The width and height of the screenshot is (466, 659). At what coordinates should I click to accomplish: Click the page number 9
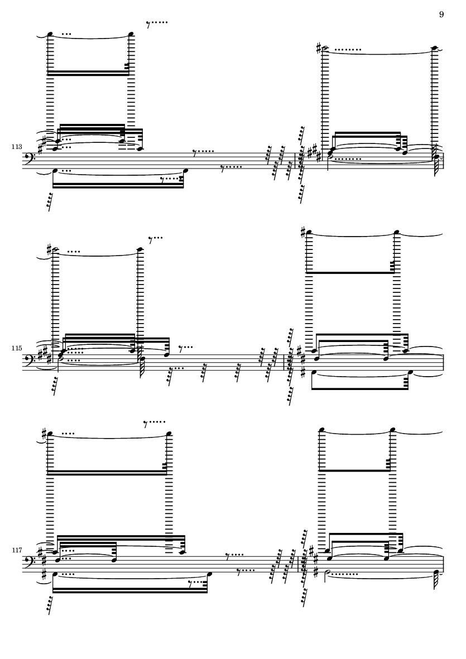[441, 15]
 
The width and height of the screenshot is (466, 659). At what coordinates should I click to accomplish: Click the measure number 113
[16, 147]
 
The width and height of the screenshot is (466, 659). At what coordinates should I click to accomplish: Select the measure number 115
[16, 348]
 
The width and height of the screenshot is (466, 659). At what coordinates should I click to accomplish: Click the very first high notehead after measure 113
[50, 34]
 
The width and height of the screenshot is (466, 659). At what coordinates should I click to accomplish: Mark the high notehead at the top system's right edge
[434, 48]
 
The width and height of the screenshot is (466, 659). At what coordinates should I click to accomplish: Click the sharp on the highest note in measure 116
[302, 231]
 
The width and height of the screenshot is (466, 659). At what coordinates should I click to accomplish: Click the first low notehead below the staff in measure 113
[54, 170]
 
